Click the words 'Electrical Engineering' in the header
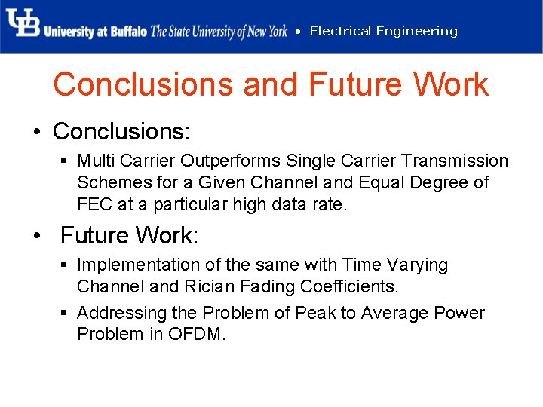coord(383,31)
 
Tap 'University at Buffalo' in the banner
coord(95,32)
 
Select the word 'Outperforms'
coord(246,161)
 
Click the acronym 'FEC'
coord(94,204)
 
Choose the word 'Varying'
coord(417,265)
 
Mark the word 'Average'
coord(395,313)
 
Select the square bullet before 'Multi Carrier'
coord(66,161)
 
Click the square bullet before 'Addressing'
coord(66,314)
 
